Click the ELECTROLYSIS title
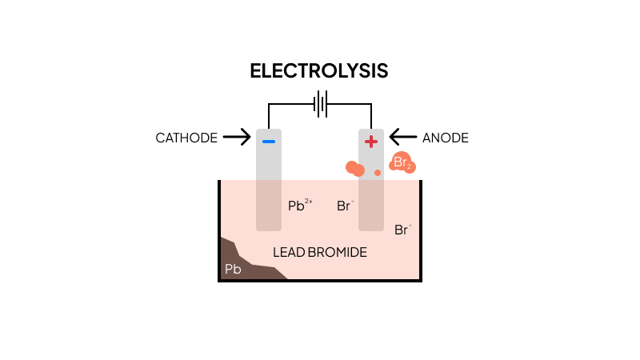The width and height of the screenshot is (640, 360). [x=319, y=70]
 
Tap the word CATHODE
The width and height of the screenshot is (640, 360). [x=186, y=138]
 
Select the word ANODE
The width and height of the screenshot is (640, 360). [x=445, y=138]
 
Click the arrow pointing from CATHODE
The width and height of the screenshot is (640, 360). [x=237, y=138]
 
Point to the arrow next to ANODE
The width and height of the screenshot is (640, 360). [x=402, y=138]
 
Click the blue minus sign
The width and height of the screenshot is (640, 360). [x=269, y=142]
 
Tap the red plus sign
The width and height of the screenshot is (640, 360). [x=371, y=142]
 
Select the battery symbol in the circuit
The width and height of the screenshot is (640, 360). [x=320, y=104]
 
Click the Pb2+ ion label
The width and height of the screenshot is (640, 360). [x=299, y=206]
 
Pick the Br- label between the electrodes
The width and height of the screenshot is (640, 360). [x=345, y=206]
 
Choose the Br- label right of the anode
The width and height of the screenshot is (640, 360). [x=402, y=230]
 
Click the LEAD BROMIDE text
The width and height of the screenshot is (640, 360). [x=320, y=252]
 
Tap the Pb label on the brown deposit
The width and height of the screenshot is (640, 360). [x=233, y=270]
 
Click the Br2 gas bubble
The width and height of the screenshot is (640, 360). [x=402, y=163]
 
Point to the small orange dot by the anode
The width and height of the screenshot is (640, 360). [x=378, y=172]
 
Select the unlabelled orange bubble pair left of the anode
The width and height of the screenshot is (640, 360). [x=354, y=168]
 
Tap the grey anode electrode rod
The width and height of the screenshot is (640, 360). [x=371, y=200]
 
